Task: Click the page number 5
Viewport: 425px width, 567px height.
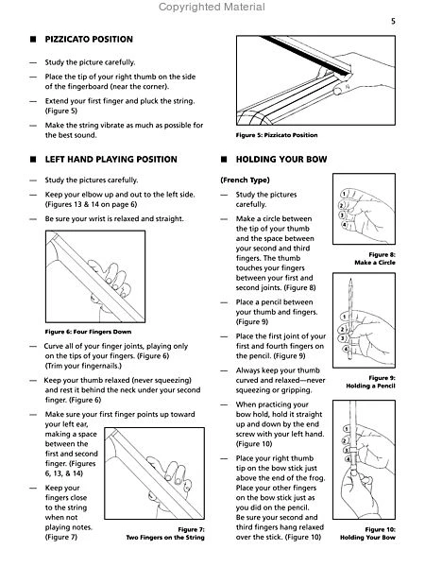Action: point(393,22)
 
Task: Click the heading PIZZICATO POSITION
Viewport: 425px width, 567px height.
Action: point(89,40)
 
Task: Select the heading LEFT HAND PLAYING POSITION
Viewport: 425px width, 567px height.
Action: point(110,160)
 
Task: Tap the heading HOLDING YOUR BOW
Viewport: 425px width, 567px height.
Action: point(281,160)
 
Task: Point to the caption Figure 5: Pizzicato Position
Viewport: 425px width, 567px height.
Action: point(277,135)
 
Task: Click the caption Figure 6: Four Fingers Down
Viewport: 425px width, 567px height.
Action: point(88,332)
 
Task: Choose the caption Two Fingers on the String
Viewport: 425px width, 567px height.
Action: point(165,538)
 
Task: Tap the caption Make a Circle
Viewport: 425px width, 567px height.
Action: point(375,263)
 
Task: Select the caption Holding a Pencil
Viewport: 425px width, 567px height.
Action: point(370,386)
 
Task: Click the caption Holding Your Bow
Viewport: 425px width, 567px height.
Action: point(367,538)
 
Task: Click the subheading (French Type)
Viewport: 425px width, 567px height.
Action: point(245,180)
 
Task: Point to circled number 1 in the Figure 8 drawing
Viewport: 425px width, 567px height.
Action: point(344,195)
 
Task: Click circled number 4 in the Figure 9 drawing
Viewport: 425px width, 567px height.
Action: point(346,350)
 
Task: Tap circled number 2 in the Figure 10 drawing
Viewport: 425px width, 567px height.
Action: point(344,440)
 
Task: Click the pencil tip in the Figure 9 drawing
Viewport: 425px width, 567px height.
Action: point(350,279)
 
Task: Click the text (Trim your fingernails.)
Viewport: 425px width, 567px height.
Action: point(83,366)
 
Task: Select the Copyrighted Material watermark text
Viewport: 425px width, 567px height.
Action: point(212,7)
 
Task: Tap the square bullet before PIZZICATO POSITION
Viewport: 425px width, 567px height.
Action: point(33,40)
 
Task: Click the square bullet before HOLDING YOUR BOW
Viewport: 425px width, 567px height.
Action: point(224,160)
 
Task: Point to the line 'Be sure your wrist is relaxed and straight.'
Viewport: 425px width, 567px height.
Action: point(114,219)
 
